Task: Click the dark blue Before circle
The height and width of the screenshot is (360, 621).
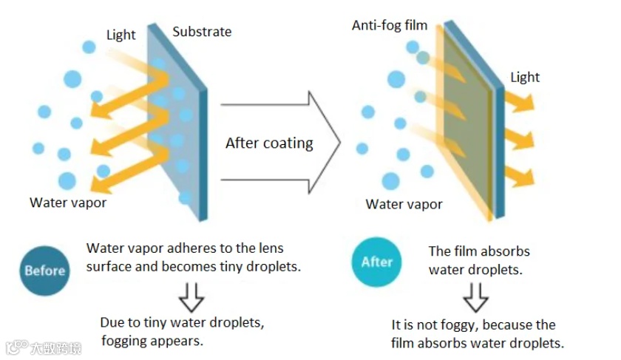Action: point(44,270)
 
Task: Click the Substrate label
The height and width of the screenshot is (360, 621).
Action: point(202,32)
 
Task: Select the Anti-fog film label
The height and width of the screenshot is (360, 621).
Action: point(390,25)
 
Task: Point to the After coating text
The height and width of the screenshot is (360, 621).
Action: point(269,143)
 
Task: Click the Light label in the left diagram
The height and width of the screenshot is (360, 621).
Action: point(121,35)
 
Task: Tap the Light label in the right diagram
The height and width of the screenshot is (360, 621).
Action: point(525,77)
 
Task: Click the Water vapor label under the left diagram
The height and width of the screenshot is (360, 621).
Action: point(68,202)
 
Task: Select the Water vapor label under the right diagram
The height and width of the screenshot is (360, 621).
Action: point(404,204)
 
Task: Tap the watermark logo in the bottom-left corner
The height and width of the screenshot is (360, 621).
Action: point(15,347)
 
